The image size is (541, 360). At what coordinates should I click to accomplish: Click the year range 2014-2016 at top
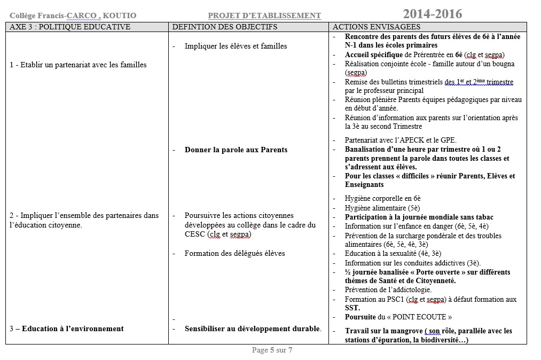tap(433, 14)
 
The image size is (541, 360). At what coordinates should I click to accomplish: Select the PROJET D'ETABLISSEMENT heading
tap(264, 16)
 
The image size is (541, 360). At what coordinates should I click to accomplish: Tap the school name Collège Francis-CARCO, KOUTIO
tap(73, 16)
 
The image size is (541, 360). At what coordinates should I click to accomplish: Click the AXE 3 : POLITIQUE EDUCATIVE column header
tap(70, 27)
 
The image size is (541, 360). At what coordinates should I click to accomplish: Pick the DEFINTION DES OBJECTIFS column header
tap(225, 27)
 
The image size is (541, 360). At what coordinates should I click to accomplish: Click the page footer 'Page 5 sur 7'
tap(272, 351)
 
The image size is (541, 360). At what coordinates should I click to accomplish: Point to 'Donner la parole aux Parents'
tap(236, 150)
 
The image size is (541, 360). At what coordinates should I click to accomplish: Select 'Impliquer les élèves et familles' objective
tap(236, 46)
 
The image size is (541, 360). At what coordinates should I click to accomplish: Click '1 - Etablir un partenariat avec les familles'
tap(78, 65)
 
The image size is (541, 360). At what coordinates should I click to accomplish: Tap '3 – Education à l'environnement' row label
tap(67, 329)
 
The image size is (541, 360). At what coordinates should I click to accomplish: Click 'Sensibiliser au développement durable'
tap(253, 329)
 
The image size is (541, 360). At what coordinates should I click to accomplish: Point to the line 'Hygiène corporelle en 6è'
tap(382, 198)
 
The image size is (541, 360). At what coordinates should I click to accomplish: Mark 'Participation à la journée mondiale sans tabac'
tap(419, 217)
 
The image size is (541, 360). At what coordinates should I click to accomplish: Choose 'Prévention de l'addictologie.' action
tap(388, 290)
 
